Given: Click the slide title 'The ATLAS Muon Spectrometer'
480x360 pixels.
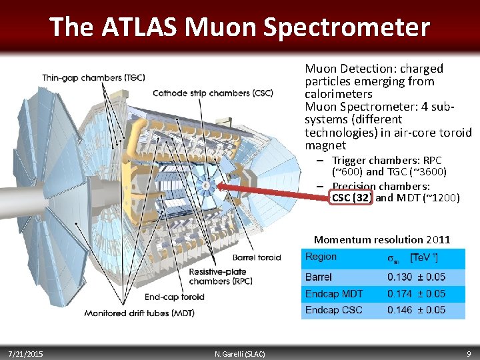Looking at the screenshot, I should pyautogui.click(x=239, y=27).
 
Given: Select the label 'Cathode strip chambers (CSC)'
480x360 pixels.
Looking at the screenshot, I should pyautogui.click(x=213, y=93).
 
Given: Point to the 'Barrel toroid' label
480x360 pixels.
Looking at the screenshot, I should pyautogui.click(x=257, y=257).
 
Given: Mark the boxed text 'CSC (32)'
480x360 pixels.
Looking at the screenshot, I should pyautogui.click(x=351, y=198).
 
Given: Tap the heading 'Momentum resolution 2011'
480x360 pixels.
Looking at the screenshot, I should pyautogui.click(x=382, y=239).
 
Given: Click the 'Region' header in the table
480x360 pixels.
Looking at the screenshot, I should pyautogui.click(x=321, y=257).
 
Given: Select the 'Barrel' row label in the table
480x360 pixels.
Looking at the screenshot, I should pyautogui.click(x=319, y=277).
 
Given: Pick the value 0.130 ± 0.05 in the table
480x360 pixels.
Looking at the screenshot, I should pyautogui.click(x=417, y=277).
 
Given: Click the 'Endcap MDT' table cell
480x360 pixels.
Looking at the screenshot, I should pyautogui.click(x=333, y=293).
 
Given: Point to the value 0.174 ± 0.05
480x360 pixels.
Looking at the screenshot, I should pyautogui.click(x=417, y=293).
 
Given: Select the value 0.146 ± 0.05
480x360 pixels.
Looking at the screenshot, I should pyautogui.click(x=417, y=310).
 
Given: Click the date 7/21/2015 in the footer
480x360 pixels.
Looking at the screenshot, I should pyautogui.click(x=26, y=353).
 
